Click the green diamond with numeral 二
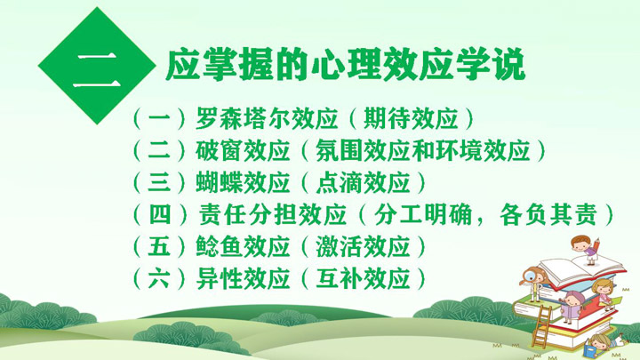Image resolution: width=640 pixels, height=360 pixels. coord(97,65)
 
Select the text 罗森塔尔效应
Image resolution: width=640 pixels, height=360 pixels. coord(267,118)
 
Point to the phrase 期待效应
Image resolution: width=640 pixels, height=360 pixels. coord(411,118)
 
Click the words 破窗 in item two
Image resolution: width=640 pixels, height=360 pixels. coord(219,150)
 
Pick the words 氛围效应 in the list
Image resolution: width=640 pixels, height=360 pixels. coord(363,150)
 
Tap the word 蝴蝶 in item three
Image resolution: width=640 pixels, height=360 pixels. coord(219,182)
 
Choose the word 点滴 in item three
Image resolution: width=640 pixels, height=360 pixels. coord(340,182)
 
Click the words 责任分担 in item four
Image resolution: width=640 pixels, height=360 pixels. coord(248,214)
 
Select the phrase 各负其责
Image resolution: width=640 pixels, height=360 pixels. coord(548,214)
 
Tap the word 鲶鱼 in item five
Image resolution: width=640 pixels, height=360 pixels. coord(219,246)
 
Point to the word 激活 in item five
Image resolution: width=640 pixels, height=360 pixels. coord(340,246)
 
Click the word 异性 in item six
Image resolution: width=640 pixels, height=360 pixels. coord(219,278)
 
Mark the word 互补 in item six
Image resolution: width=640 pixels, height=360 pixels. coord(340,278)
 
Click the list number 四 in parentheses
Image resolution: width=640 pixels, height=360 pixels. coord(160,214)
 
